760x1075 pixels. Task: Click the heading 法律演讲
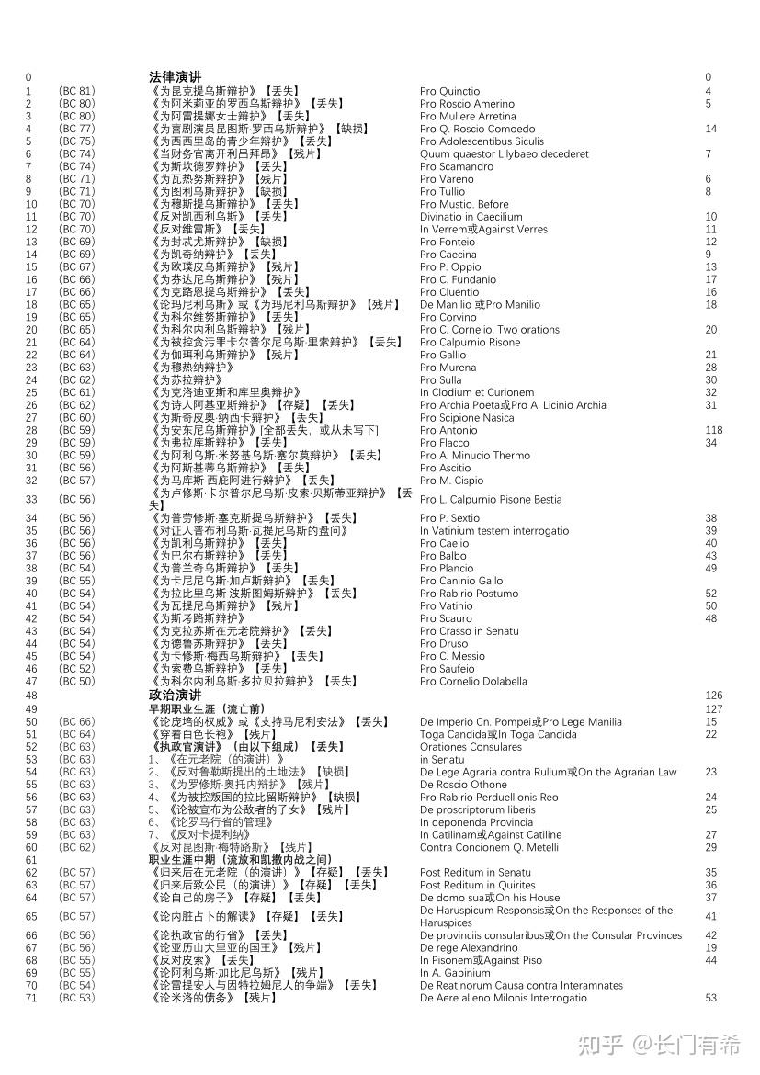coord(175,77)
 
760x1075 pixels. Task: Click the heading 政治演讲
coord(175,696)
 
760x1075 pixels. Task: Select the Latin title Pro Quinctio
coord(449,91)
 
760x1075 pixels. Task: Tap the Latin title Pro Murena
coord(448,368)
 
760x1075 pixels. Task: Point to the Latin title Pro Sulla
coord(440,380)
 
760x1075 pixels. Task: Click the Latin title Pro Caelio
coord(444,544)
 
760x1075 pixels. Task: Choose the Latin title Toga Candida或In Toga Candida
coord(498,734)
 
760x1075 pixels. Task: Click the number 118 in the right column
coord(714,430)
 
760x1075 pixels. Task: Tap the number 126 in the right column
coord(714,696)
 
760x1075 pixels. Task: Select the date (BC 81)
coord(76,91)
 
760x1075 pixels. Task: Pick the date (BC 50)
coord(76,682)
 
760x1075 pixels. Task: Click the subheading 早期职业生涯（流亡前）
coord(207,709)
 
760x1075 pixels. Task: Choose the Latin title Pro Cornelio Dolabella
coord(473,682)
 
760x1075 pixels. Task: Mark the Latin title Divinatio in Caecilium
coord(471,217)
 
